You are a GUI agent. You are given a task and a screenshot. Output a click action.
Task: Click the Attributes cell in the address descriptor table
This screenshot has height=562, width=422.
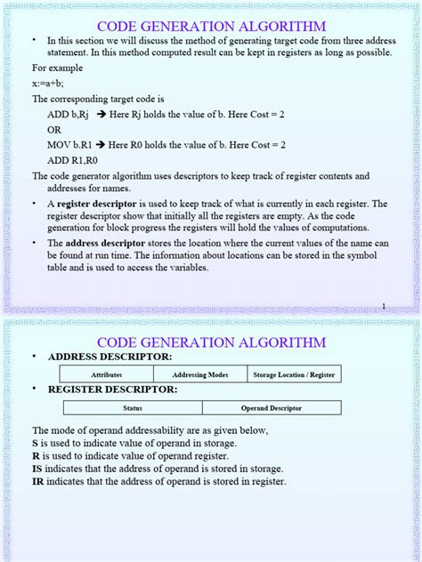[x=106, y=375]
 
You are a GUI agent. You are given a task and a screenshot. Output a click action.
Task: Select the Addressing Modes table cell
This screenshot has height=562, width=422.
[x=200, y=375]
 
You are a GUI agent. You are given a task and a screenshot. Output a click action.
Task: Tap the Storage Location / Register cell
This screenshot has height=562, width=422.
[x=294, y=375]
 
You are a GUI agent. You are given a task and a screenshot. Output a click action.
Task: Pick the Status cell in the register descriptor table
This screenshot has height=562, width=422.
[x=132, y=408]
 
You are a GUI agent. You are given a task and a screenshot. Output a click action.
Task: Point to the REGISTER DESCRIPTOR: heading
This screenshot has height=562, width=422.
[x=112, y=389]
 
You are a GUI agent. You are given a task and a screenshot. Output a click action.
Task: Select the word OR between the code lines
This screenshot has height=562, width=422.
[x=54, y=129]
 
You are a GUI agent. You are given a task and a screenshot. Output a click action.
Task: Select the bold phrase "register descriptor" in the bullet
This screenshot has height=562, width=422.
[x=86, y=205]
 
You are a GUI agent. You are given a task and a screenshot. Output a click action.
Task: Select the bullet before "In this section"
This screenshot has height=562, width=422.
[x=36, y=41]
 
